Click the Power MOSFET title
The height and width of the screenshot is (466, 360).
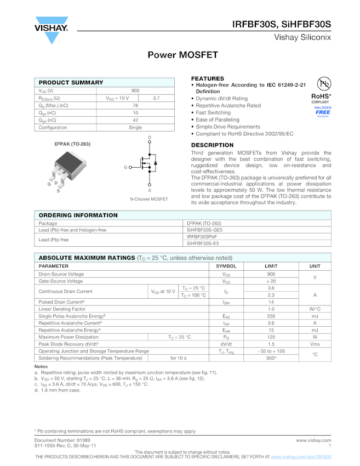[x=182, y=55]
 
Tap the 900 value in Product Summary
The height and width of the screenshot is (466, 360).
[x=135, y=90]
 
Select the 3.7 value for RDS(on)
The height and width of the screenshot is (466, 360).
[x=156, y=98]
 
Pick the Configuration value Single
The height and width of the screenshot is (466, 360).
[x=135, y=128]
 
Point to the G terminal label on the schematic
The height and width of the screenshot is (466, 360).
[x=125, y=167]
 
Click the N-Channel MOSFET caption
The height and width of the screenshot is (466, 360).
[x=149, y=199]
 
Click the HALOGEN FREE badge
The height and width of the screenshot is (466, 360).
[x=323, y=112]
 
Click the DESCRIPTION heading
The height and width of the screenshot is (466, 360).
[x=212, y=145]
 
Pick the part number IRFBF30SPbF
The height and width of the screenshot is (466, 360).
[x=202, y=237]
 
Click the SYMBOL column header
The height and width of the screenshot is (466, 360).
[x=226, y=266]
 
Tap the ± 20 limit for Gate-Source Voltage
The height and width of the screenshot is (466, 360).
[x=271, y=281]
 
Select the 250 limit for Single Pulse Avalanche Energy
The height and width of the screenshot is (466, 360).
[x=271, y=316]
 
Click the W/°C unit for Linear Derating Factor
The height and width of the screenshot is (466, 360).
[x=315, y=309]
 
